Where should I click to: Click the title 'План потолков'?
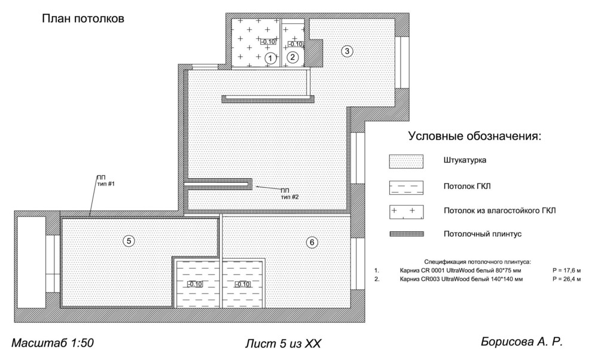pyautogui.click(x=83, y=19)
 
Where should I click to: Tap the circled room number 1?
pyautogui.click(x=270, y=58)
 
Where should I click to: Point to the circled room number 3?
pyautogui.click(x=347, y=51)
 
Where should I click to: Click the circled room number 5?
pyautogui.click(x=129, y=240)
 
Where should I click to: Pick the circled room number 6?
pyautogui.click(x=312, y=242)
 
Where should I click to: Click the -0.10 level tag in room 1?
pyautogui.click(x=268, y=41)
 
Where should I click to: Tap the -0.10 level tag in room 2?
pyautogui.click(x=295, y=44)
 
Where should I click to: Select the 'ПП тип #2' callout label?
pyautogui.click(x=289, y=194)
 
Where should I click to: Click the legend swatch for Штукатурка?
pyautogui.click(x=406, y=161)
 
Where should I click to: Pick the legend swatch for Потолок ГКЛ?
pyautogui.click(x=406, y=187)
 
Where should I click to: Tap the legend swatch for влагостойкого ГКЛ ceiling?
pyautogui.click(x=406, y=212)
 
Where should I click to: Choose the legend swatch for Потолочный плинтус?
pyautogui.click(x=407, y=234)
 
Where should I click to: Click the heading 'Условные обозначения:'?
pyautogui.click(x=475, y=136)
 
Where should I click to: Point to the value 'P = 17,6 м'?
pyautogui.click(x=566, y=270)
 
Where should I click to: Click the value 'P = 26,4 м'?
pyautogui.click(x=566, y=279)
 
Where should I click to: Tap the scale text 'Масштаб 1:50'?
pyautogui.click(x=53, y=343)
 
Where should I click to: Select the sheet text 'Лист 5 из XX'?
pyautogui.click(x=283, y=344)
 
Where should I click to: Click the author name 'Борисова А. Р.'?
pyautogui.click(x=522, y=342)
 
